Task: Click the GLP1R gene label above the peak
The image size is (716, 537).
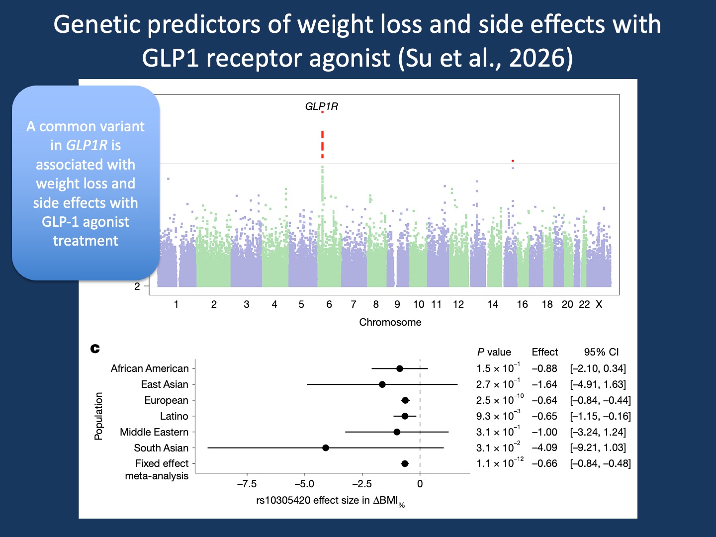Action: pyautogui.click(x=321, y=106)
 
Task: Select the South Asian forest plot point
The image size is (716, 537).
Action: pyautogui.click(x=326, y=447)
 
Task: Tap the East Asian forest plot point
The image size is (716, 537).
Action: pyautogui.click(x=382, y=384)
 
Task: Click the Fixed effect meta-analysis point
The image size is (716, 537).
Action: pyautogui.click(x=405, y=463)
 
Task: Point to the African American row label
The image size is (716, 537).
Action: pyautogui.click(x=150, y=368)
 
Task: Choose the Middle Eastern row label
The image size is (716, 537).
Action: pyautogui.click(x=154, y=432)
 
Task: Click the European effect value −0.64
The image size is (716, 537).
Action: pyautogui.click(x=544, y=400)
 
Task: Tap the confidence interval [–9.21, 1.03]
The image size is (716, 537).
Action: pyautogui.click(x=598, y=447)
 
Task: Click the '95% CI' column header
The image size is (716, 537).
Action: pyautogui.click(x=601, y=352)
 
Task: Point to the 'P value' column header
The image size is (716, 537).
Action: pyautogui.click(x=494, y=352)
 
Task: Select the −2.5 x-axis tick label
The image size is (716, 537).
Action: pyautogui.click(x=362, y=484)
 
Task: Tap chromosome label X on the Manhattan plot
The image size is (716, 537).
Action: pyautogui.click(x=599, y=304)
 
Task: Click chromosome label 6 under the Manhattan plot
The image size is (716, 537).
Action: pyautogui.click(x=329, y=304)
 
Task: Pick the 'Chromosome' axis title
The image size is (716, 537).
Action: pyautogui.click(x=390, y=322)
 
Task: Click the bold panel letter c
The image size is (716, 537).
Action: pyautogui.click(x=95, y=349)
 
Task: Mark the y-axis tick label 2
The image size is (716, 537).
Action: pyautogui.click(x=137, y=286)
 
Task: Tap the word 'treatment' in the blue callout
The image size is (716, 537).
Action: pyautogui.click(x=86, y=241)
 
